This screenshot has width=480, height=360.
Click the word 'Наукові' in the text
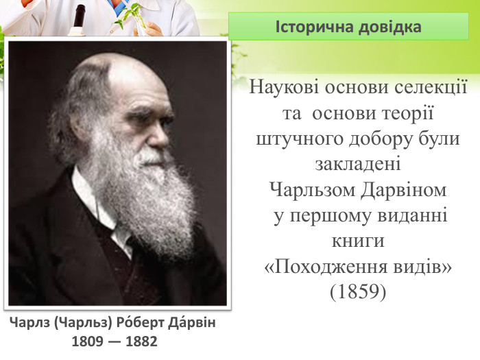[x=280, y=89]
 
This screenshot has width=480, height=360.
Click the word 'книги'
[x=358, y=241]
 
